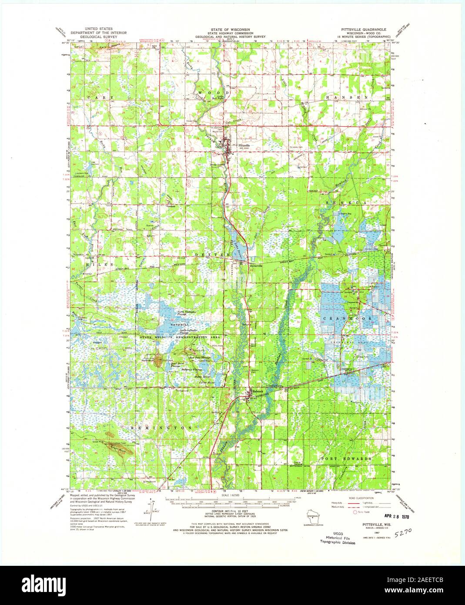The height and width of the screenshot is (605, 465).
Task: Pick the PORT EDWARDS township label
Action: coord(346,459)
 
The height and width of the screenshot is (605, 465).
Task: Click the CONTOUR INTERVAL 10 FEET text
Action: coord(231,514)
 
